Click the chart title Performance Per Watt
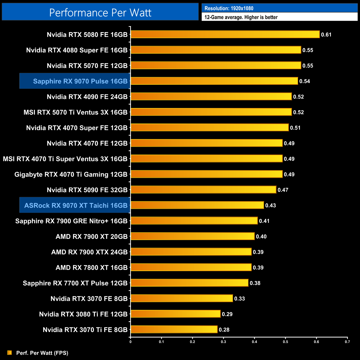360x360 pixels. pyautogui.click(x=100, y=13)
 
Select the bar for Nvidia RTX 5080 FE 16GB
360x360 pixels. pyautogui.click(x=225, y=34)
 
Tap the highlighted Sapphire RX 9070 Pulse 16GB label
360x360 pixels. pyautogui.click(x=80, y=81)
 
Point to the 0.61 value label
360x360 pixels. pyautogui.click(x=326, y=35)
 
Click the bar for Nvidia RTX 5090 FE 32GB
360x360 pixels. pyautogui.click(x=203, y=190)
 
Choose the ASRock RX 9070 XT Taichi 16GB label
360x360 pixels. pyautogui.click(x=76, y=205)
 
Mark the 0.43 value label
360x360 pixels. pyautogui.click(x=271, y=205)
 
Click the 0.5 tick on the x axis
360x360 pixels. pyautogui.click(x=285, y=342)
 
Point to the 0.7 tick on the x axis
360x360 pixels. pyautogui.click(x=347, y=342)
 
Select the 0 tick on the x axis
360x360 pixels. pyautogui.click(x=130, y=342)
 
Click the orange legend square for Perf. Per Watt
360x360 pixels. pyautogui.click(x=10, y=353)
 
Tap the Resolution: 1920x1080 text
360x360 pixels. pyautogui.click(x=229, y=8)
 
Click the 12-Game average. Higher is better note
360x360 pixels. pyautogui.click(x=241, y=17)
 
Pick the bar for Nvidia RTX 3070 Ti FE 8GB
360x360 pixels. pyautogui.click(x=174, y=329)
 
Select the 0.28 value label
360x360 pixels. pyautogui.click(x=224, y=330)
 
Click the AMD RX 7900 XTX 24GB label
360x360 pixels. pyautogui.click(x=89, y=252)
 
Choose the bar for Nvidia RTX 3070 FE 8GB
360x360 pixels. pyautogui.click(x=182, y=298)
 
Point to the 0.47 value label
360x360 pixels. pyautogui.click(x=283, y=190)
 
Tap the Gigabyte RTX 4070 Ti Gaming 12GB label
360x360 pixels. pyautogui.click(x=71, y=174)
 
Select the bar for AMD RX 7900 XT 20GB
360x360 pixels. pyautogui.click(x=192, y=236)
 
